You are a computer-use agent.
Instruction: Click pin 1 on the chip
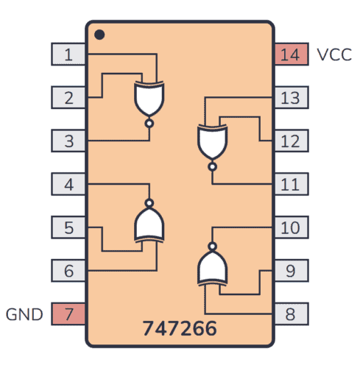pos(68,54)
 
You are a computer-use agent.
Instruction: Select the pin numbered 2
pos(68,97)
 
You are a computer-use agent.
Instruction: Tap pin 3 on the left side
pos(68,140)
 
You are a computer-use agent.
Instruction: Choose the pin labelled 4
pos(68,183)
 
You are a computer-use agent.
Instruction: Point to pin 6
pos(68,270)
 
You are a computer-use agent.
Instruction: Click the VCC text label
pos(334,54)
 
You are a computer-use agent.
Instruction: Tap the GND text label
pos(24,314)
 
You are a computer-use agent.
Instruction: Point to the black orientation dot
pos(100,34)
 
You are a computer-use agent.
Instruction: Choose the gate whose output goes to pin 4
pos(149,223)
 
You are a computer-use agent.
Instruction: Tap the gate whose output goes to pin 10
pos(213,266)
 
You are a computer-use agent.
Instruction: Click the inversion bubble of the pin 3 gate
pos(149,123)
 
